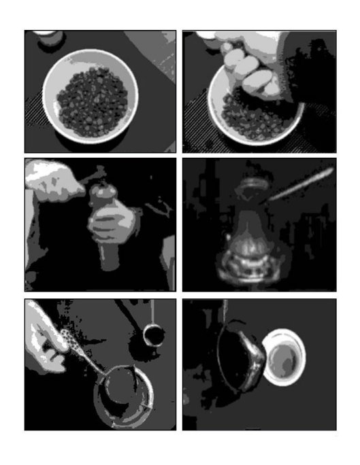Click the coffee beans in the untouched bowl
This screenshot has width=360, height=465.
(92, 102)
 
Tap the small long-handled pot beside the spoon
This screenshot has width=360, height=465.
(153, 335)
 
